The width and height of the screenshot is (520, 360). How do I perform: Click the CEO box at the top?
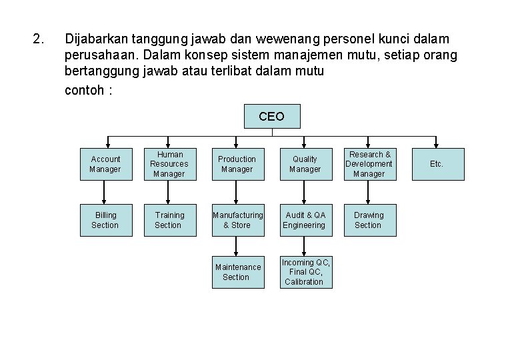click(272, 116)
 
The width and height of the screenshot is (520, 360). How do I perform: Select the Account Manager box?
click(105, 164)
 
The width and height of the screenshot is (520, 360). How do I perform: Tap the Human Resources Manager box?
click(169, 164)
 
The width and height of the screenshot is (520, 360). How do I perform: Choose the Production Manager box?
click(237, 164)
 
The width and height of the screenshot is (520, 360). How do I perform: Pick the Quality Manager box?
click(305, 164)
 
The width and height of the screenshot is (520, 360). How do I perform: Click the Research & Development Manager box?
click(369, 164)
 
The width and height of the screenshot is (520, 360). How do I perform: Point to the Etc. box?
click(436, 164)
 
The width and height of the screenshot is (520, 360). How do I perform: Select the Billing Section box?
click(105, 220)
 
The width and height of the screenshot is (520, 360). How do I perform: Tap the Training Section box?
click(169, 220)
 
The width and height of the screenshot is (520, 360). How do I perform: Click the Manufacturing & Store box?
click(237, 220)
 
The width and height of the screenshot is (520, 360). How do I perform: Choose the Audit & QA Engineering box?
click(305, 220)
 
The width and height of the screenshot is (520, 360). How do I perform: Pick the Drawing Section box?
click(369, 220)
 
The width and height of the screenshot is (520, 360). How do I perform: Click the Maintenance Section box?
click(237, 272)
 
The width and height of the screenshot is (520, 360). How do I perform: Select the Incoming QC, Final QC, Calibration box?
click(305, 272)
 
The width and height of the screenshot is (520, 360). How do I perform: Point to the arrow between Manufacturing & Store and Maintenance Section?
click(237, 246)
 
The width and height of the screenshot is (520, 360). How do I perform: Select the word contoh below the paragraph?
click(83, 89)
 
